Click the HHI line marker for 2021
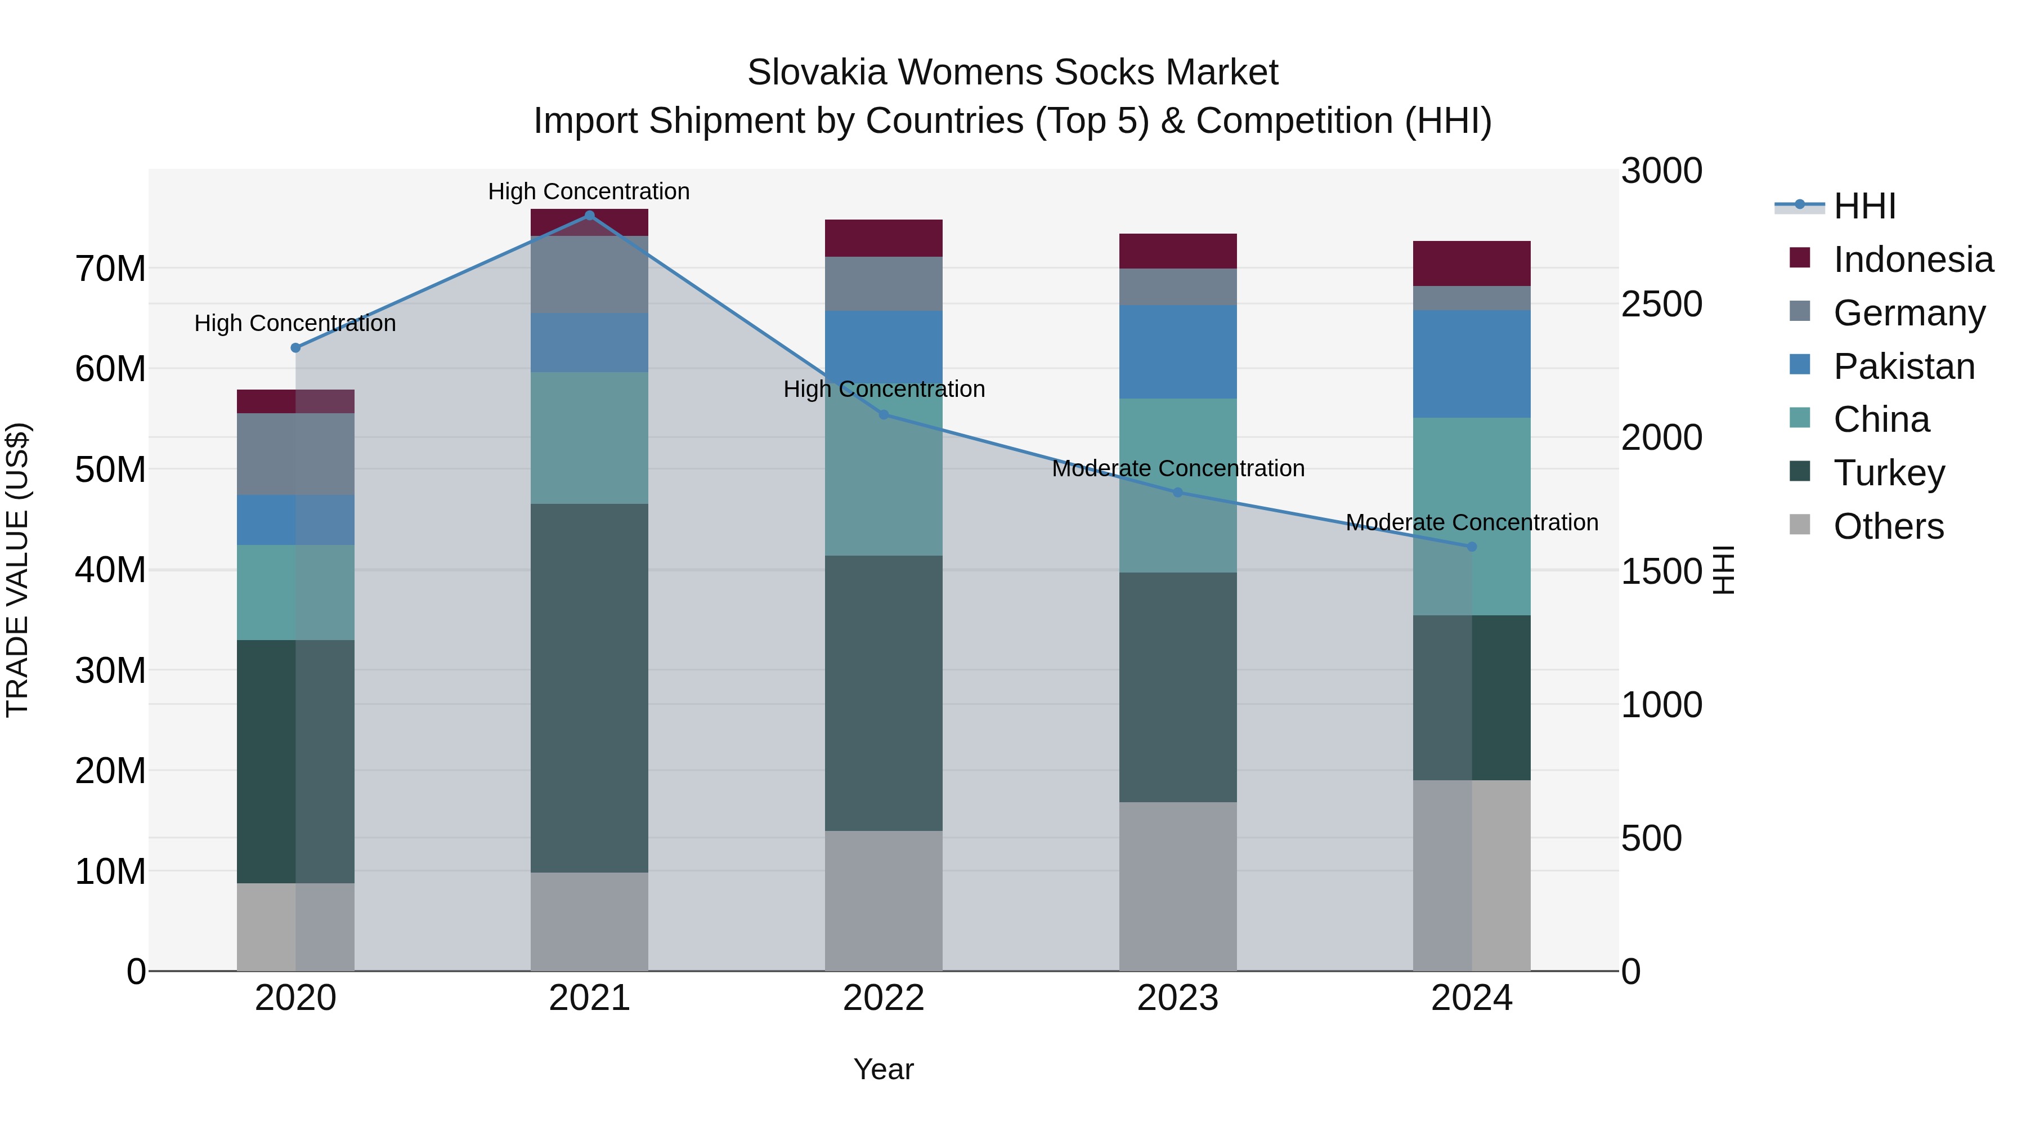(x=589, y=216)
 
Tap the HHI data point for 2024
(x=1472, y=546)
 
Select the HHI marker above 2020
(x=295, y=348)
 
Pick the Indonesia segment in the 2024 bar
(x=1472, y=263)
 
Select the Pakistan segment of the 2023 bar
(x=1177, y=352)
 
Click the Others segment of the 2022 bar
(x=883, y=900)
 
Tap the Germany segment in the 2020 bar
(x=295, y=454)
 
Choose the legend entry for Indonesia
(x=1913, y=260)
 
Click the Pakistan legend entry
(x=1903, y=366)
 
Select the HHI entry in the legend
(x=1864, y=206)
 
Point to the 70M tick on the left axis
(x=110, y=269)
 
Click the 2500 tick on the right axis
(x=1661, y=305)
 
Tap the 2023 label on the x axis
(x=1177, y=998)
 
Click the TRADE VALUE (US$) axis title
(x=17, y=570)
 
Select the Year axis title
(x=883, y=1069)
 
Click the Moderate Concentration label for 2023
(x=1177, y=468)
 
